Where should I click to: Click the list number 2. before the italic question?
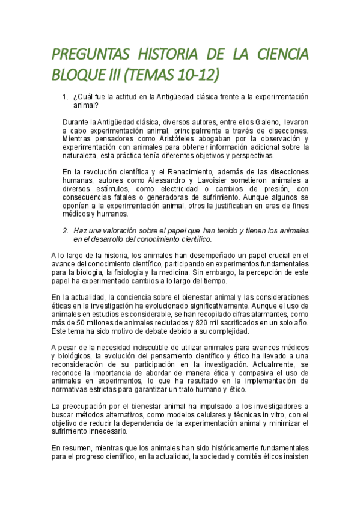click(67, 230)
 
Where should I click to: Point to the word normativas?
click(72, 389)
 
